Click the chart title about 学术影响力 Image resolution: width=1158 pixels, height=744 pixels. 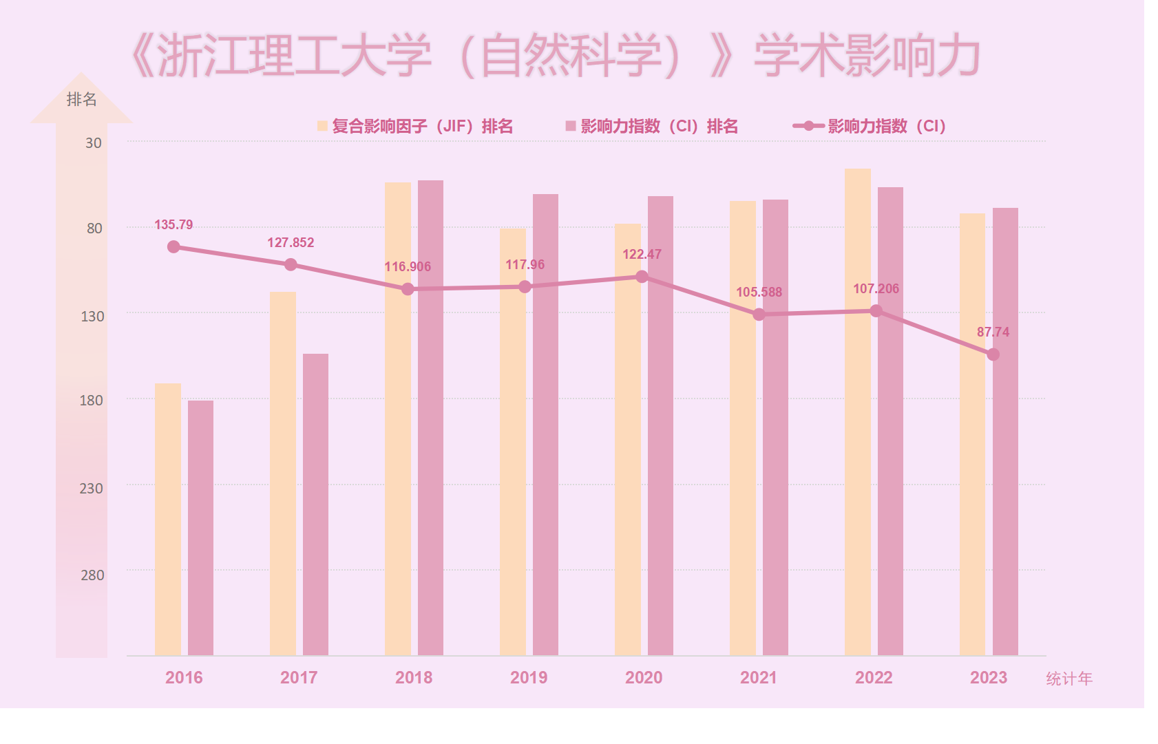(555, 55)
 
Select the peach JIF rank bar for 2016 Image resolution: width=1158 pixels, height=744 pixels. (168, 519)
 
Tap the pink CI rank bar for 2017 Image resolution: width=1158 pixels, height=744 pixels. (315, 504)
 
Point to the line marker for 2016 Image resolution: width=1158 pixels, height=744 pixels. (173, 246)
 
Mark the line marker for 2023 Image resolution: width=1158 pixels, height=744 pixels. (993, 354)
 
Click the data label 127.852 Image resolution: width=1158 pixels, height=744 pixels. (291, 242)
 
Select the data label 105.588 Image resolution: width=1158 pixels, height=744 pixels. (759, 292)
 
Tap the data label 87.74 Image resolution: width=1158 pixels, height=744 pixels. (993, 332)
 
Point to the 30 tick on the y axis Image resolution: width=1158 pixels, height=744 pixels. (94, 143)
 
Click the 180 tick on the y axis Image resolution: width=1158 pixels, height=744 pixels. (91, 401)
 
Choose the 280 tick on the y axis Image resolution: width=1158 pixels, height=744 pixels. (92, 575)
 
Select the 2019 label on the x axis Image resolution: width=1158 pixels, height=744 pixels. (529, 677)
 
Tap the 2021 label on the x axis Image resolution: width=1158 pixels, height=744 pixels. (759, 677)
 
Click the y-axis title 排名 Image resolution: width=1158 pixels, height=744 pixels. (81, 100)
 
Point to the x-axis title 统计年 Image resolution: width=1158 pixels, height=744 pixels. (1069, 679)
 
